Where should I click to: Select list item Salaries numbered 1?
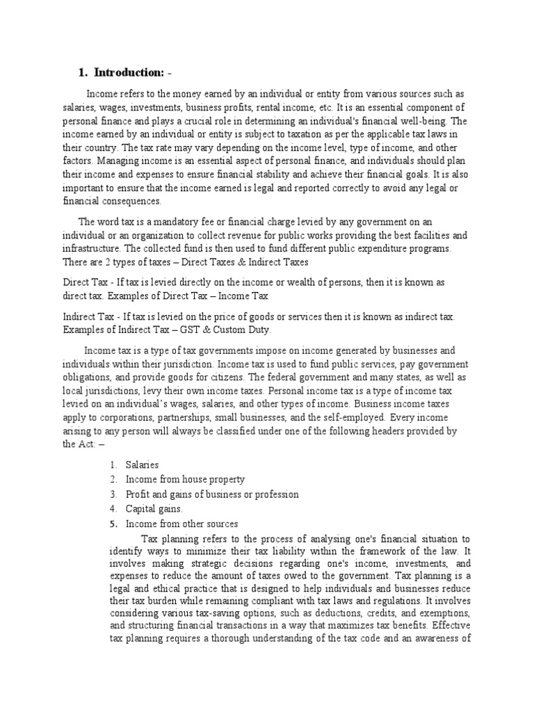coord(142,464)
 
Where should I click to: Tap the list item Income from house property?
coord(185,479)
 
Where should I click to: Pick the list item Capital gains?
coord(154,509)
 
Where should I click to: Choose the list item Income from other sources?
coord(181,524)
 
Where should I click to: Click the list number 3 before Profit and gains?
coord(112,494)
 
